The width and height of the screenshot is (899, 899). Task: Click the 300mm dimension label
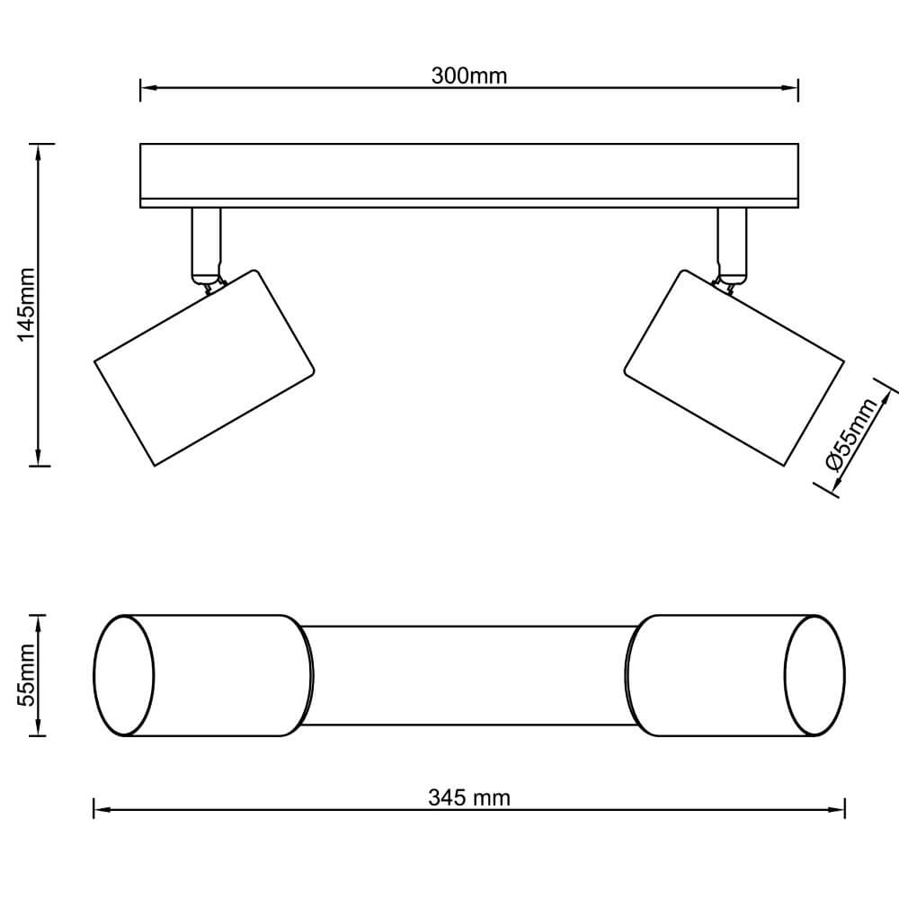[469, 76]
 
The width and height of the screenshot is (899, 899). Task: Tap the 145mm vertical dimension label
[27, 305]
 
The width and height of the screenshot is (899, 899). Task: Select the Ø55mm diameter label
[851, 434]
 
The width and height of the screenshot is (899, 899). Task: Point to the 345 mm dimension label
[469, 797]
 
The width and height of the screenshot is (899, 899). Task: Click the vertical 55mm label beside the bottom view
[27, 675]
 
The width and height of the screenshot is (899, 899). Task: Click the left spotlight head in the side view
[205, 368]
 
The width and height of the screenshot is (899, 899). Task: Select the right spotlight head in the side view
[734, 368]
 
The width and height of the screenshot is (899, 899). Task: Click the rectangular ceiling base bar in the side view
[469, 175]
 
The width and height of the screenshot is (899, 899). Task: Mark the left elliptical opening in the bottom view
[124, 675]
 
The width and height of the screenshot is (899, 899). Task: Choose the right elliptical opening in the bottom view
[814, 675]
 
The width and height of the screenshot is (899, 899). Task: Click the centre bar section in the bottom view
[469, 675]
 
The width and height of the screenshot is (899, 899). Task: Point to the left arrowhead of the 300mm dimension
[148, 88]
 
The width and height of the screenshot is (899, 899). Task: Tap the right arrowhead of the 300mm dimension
[790, 88]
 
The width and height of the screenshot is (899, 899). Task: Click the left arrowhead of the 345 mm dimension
[102, 810]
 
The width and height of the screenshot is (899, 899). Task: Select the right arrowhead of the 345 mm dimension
[837, 810]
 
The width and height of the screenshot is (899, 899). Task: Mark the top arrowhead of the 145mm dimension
[39, 152]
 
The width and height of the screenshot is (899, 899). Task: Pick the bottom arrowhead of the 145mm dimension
[39, 458]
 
